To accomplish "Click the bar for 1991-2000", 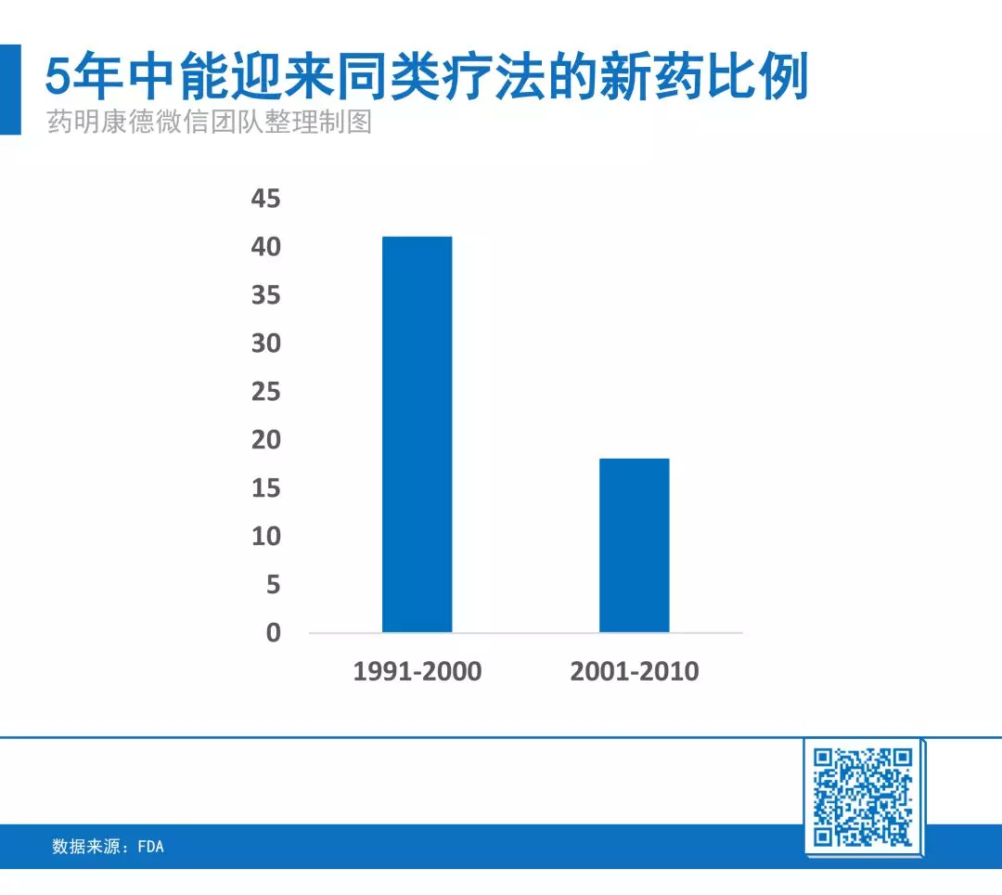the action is click(x=417, y=435).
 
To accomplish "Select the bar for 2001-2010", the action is click(x=635, y=545).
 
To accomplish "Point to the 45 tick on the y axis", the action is click(x=266, y=198).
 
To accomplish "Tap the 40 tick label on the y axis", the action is click(x=266, y=247).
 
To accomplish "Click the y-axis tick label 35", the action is click(x=266, y=294).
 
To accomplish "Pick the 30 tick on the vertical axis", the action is click(x=266, y=344).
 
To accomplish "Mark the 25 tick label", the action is click(x=266, y=391).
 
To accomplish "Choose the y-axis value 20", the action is click(x=266, y=440).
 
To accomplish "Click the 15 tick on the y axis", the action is click(x=266, y=487).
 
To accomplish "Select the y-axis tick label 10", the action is click(x=266, y=536).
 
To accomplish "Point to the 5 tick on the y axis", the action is click(x=274, y=584).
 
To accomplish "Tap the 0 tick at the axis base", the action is click(x=274, y=632).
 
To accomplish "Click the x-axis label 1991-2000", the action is click(x=417, y=671).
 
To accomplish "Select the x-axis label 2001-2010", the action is click(x=635, y=671).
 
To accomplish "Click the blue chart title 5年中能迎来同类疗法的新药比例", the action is click(x=427, y=76).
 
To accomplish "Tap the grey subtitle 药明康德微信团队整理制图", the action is click(x=209, y=122).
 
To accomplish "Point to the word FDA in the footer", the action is click(x=151, y=847).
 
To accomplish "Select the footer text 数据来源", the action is click(x=85, y=847).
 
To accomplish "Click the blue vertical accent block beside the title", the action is click(x=10, y=89).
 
